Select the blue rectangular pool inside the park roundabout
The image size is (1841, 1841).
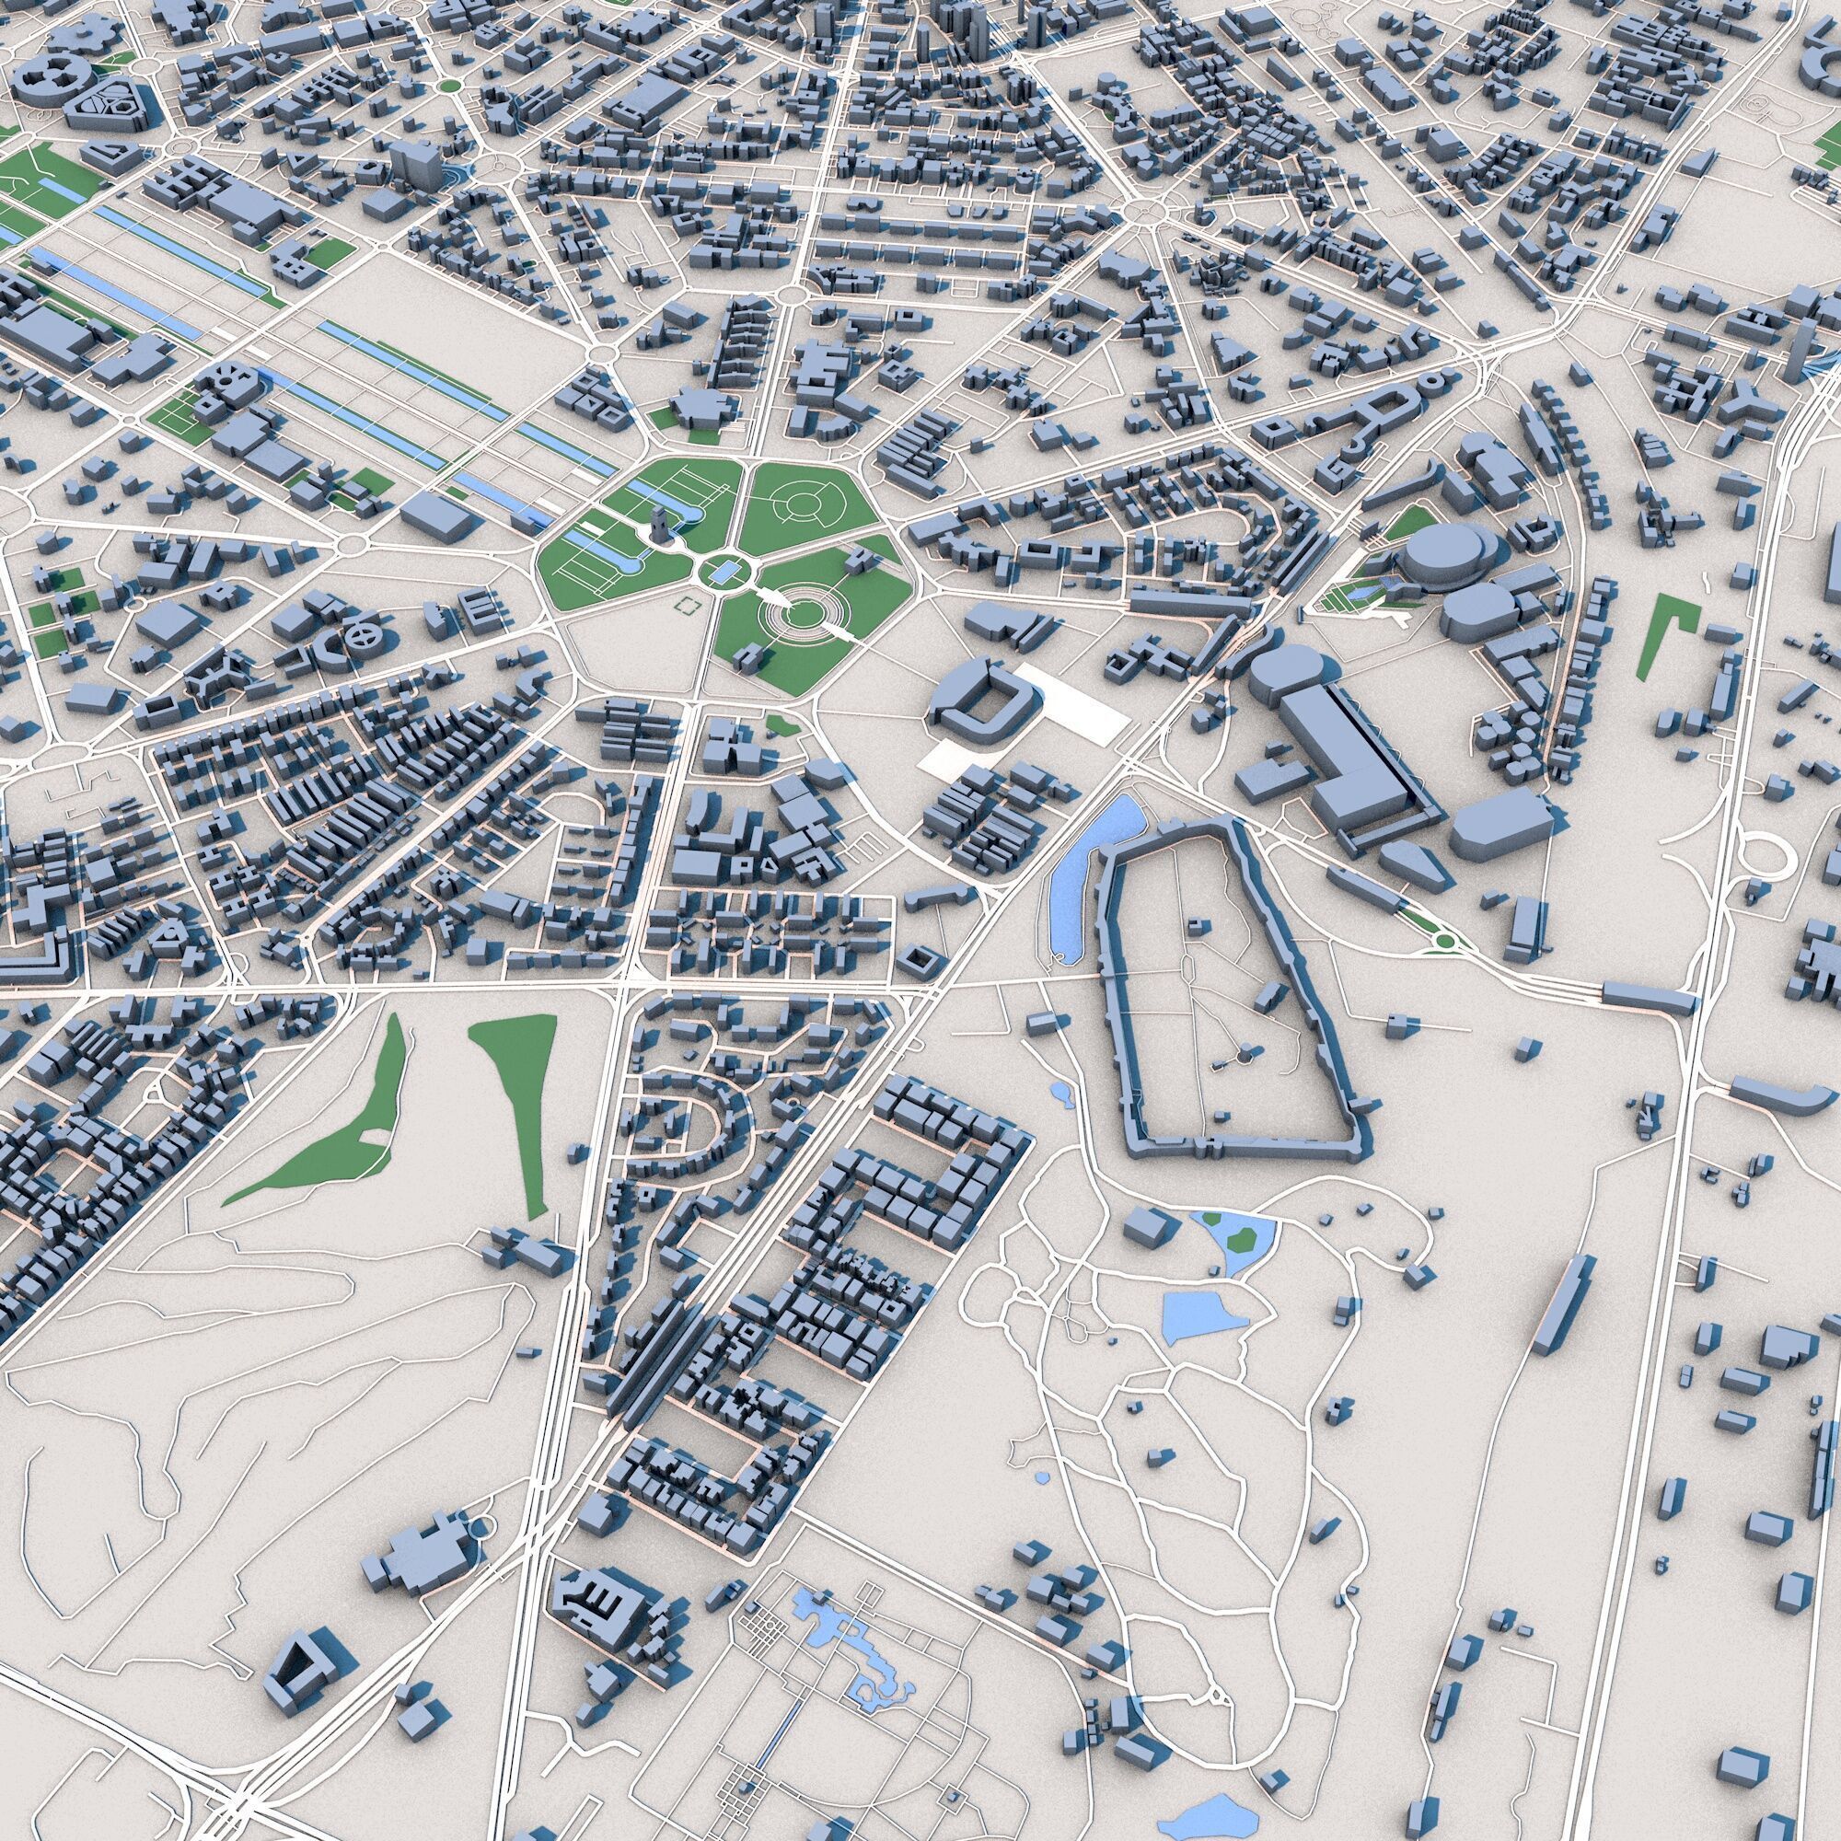(x=724, y=572)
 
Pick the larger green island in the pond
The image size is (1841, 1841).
(x=1242, y=1237)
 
